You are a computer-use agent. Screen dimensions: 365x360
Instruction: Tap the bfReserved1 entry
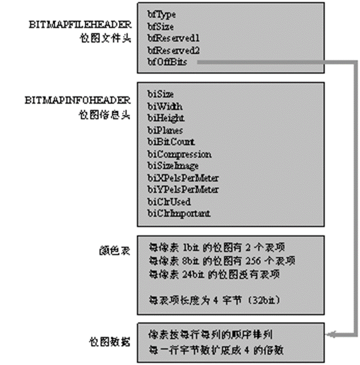click(x=173, y=38)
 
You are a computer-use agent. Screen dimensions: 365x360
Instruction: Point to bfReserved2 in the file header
click(x=173, y=50)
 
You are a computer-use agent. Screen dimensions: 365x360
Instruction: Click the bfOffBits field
click(x=168, y=62)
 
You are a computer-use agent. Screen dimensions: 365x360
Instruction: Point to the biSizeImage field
click(x=173, y=166)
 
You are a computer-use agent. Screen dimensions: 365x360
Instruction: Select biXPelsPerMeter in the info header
click(x=183, y=178)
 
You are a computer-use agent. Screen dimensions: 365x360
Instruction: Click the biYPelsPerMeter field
click(x=183, y=189)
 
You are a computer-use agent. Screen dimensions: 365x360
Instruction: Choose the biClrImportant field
click(x=179, y=213)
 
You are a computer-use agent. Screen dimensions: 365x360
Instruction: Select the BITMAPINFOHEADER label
click(x=78, y=101)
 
